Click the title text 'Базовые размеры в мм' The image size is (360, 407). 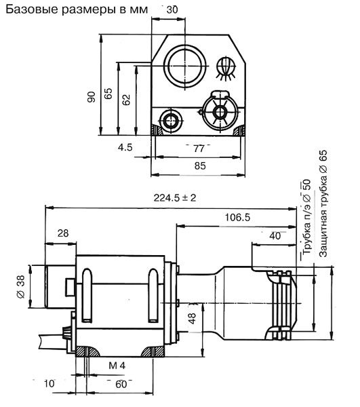pos(77,9)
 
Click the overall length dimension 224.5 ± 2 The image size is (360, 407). pos(175,198)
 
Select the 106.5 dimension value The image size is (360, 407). pos(237,217)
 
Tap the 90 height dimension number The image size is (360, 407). pos(92,97)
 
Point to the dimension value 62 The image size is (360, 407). pos(126,100)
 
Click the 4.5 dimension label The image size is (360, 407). pos(125,147)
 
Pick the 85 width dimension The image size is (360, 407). pos(200,166)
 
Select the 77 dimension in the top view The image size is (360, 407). pos(199,149)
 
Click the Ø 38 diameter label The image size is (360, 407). pos(21,286)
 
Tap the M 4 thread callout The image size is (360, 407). pos(117,366)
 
